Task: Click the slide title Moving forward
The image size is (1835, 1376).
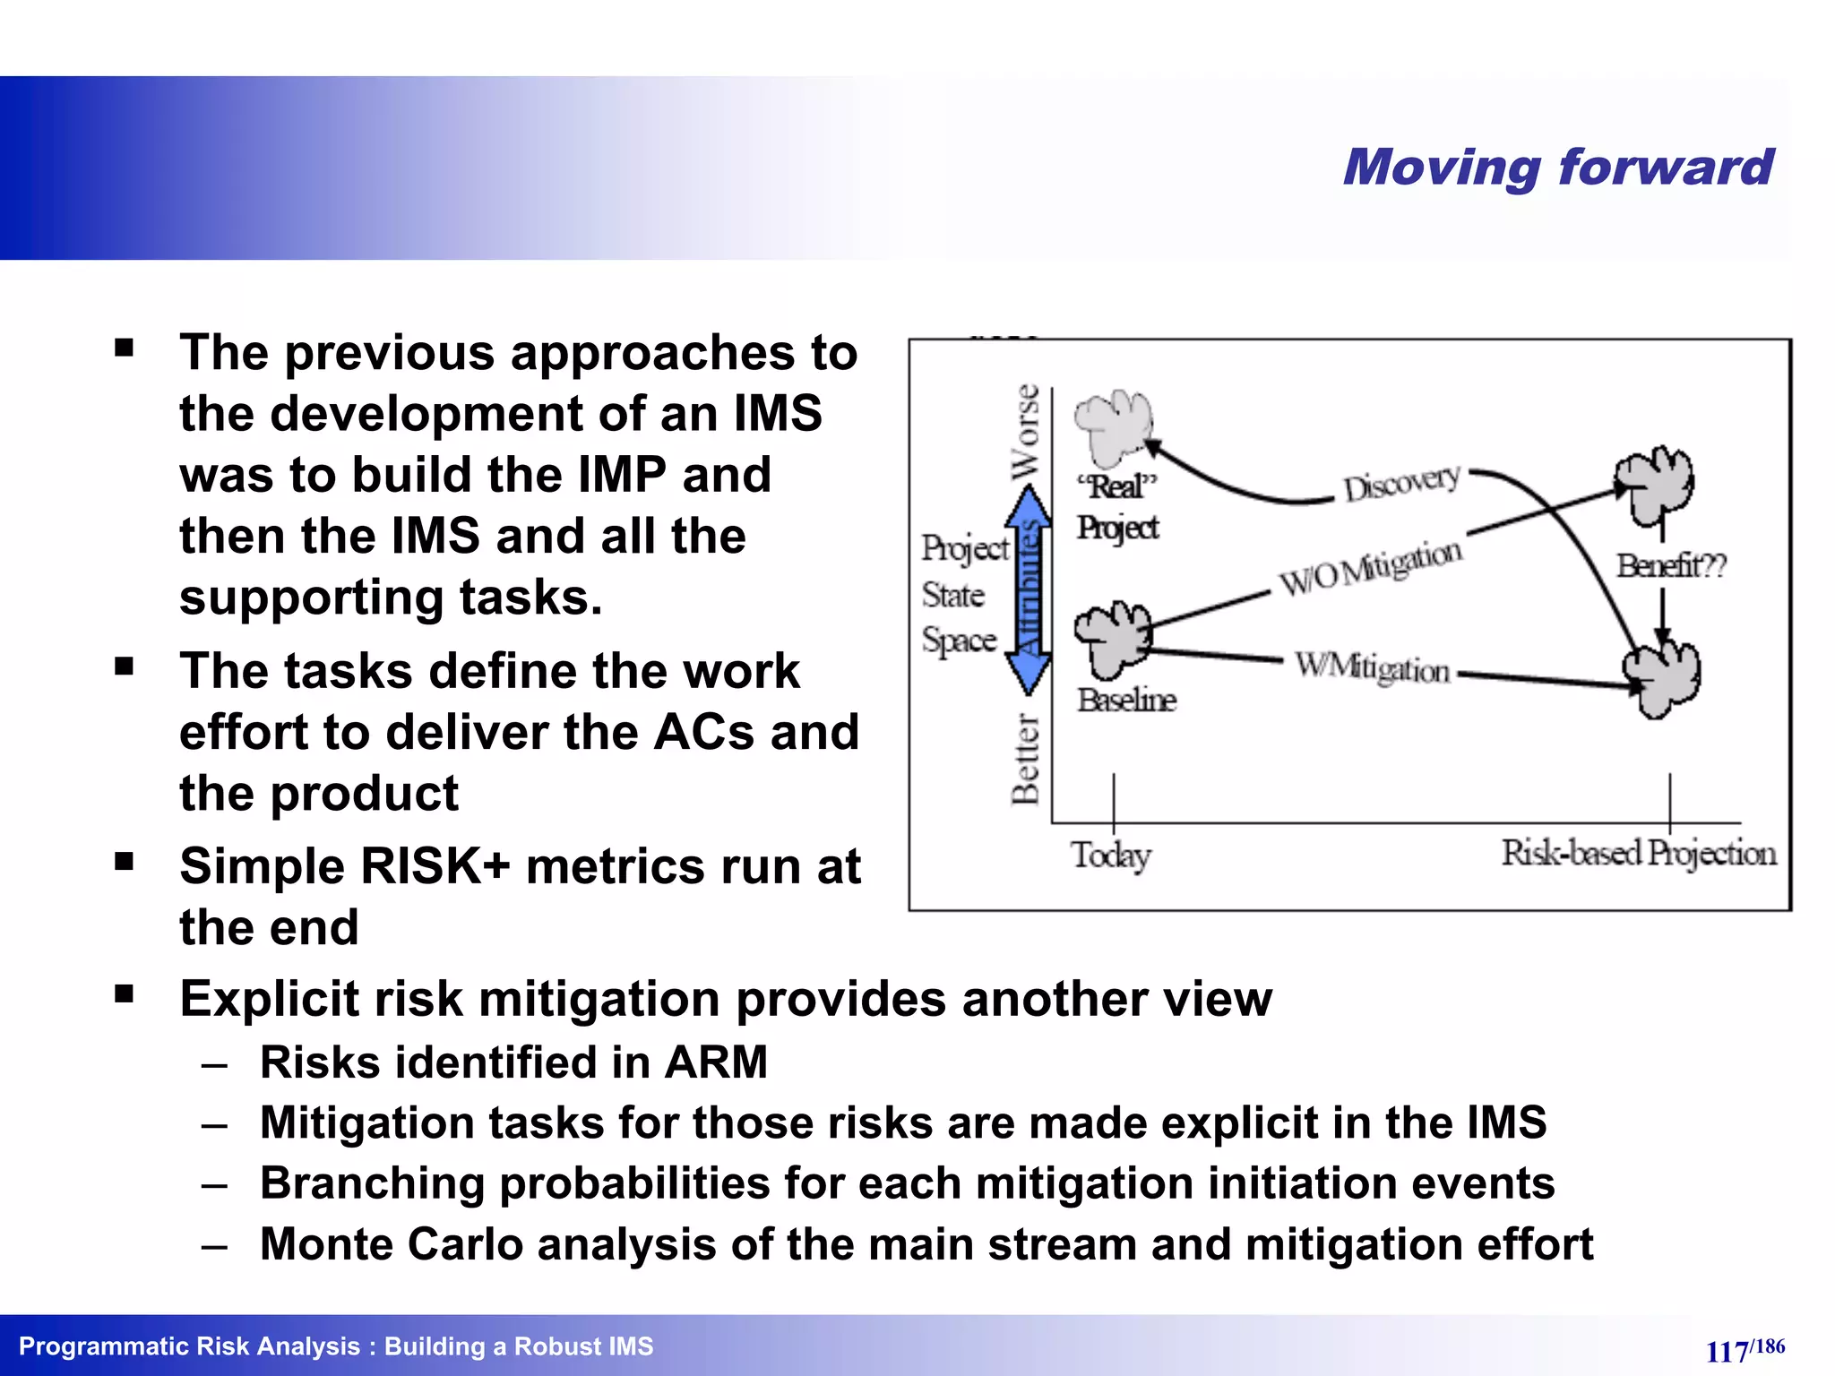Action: [x=1557, y=168]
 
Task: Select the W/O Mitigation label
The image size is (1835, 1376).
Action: [x=1370, y=567]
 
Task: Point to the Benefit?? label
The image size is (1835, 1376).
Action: [x=1671, y=566]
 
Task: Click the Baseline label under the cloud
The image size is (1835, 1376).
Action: [x=1126, y=700]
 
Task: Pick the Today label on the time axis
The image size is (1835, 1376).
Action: [x=1111, y=855]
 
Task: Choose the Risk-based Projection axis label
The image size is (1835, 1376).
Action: [x=1639, y=853]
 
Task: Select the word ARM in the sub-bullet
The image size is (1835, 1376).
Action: [x=716, y=1062]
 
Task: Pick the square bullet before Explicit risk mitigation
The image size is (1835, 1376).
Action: [x=124, y=993]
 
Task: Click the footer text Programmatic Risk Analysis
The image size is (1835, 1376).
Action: [x=189, y=1346]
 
